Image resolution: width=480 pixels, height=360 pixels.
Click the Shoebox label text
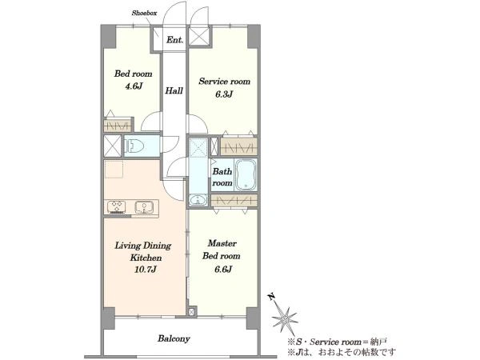144,13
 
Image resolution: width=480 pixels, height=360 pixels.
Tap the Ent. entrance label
174,40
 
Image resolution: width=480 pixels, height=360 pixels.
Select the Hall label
174,90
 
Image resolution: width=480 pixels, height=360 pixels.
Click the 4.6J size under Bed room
133,86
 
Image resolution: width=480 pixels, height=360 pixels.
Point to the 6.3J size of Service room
224,94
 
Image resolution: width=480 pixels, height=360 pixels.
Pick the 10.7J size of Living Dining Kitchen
145,270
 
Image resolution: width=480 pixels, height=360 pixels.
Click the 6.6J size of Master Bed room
222,269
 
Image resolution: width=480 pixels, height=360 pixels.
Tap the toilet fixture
135,146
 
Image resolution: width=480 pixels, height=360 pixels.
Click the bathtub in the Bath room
246,174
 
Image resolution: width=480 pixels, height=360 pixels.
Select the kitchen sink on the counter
144,207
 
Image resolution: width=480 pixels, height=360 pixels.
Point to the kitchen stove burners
117,207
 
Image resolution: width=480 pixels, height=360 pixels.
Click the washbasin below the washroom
198,200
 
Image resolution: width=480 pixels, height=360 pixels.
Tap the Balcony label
174,338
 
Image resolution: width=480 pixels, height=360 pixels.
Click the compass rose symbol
284,319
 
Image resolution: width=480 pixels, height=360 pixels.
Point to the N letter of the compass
270,296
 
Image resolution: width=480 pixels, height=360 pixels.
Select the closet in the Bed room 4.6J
118,126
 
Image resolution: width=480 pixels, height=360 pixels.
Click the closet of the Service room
238,146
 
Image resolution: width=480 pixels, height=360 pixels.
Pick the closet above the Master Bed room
234,201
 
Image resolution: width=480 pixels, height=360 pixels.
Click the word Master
222,244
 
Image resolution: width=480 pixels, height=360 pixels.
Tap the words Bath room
222,178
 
